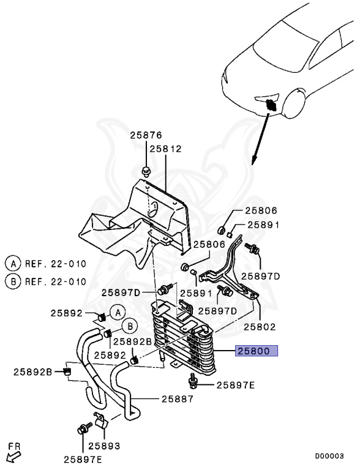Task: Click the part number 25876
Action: point(146,135)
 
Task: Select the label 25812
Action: point(165,149)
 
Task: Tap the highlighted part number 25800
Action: point(256,351)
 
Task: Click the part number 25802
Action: point(260,327)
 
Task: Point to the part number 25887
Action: point(178,399)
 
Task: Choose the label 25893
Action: point(104,446)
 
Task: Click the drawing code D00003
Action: point(329,456)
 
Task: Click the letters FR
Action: point(14,446)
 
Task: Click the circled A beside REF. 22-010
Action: point(13,264)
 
